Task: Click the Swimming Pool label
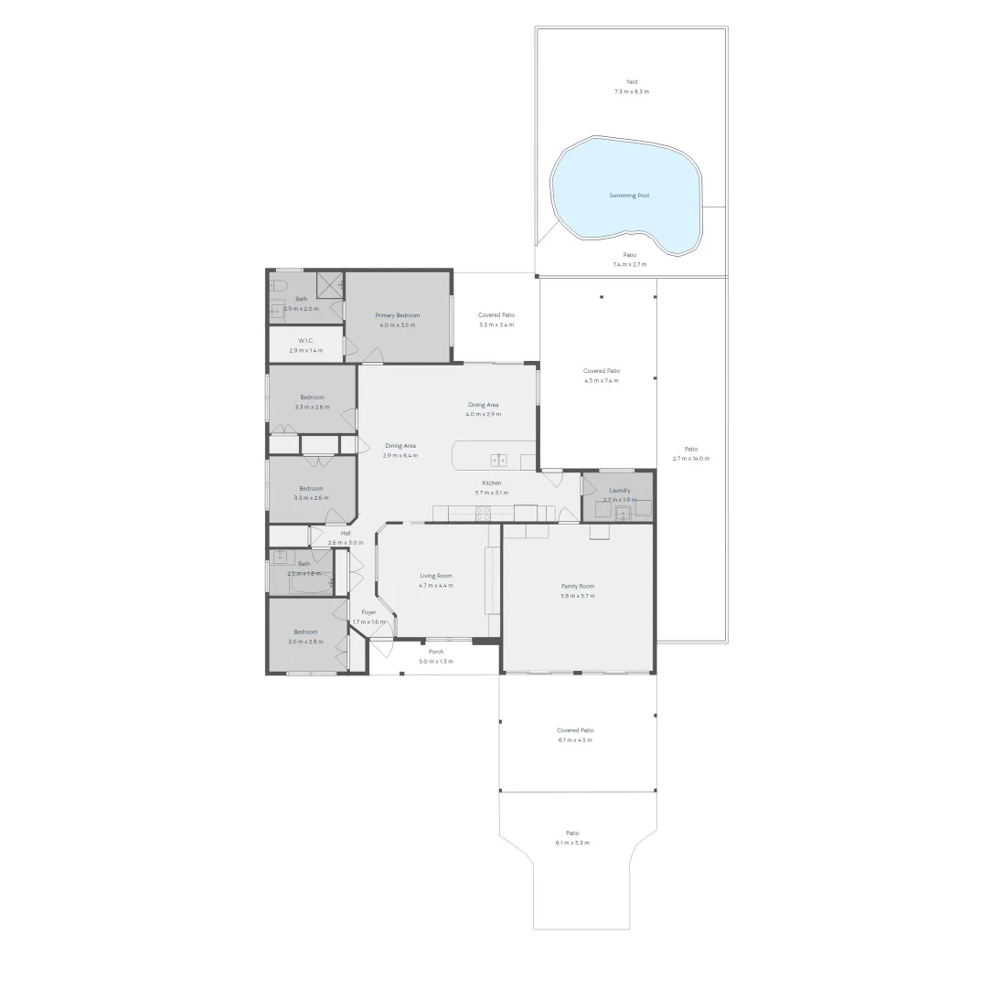[629, 196]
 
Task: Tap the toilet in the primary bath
[278, 285]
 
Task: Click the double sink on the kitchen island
[498, 460]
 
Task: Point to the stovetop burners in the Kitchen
[482, 514]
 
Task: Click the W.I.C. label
[305, 341]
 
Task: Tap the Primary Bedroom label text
[397, 315]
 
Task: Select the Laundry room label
[619, 491]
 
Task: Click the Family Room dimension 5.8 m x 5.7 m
[578, 596]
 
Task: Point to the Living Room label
[436, 576]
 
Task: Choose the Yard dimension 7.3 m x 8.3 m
[632, 91]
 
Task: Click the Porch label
[436, 652]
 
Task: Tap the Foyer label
[368, 612]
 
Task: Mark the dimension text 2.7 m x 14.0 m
[690, 459]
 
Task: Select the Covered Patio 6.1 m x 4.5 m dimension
[575, 740]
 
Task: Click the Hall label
[346, 533]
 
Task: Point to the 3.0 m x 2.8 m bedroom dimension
[305, 642]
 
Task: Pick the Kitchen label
[492, 483]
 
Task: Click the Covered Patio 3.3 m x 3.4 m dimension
[496, 324]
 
